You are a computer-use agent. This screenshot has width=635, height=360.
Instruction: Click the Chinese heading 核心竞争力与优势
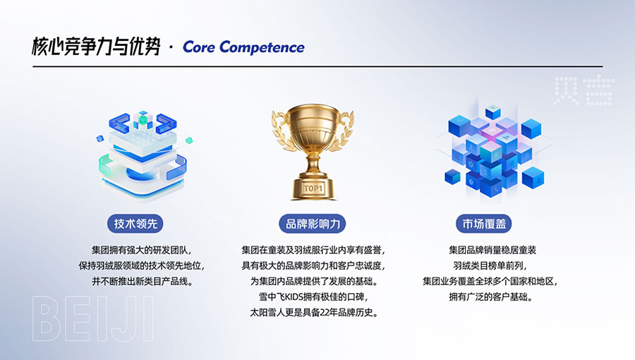pyautogui.click(x=97, y=47)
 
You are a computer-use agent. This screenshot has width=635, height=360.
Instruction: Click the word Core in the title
pyautogui.click(x=199, y=47)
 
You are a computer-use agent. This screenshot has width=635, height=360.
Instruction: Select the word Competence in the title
pyautogui.click(x=262, y=48)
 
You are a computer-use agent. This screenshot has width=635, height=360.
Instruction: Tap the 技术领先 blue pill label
pyautogui.click(x=135, y=224)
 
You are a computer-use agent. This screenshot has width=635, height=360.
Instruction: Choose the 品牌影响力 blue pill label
pyautogui.click(x=313, y=224)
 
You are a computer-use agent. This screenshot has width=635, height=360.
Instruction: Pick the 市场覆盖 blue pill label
pyautogui.click(x=484, y=224)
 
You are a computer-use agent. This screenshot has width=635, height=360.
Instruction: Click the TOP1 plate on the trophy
pyautogui.click(x=313, y=188)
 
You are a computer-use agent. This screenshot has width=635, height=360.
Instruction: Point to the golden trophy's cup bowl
pyautogui.click(x=313, y=125)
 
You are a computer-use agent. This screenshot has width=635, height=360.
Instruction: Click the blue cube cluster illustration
pyautogui.click(x=494, y=150)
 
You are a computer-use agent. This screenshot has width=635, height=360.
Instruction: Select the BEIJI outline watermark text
pyautogui.click(x=93, y=319)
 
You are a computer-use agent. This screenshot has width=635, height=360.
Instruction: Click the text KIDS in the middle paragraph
pyautogui.click(x=294, y=297)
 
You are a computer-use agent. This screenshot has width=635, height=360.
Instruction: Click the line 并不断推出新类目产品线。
pyautogui.click(x=142, y=281)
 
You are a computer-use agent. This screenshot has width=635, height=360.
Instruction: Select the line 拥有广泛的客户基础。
pyautogui.click(x=490, y=297)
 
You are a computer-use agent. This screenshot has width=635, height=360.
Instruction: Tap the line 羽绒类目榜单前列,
pyautogui.click(x=490, y=265)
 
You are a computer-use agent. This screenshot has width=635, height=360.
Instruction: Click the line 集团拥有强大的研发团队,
pyautogui.click(x=142, y=250)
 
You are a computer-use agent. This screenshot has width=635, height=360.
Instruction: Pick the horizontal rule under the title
pyautogui.click(x=317, y=66)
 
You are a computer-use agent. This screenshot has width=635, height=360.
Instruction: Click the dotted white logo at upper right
pyautogui.click(x=584, y=91)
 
